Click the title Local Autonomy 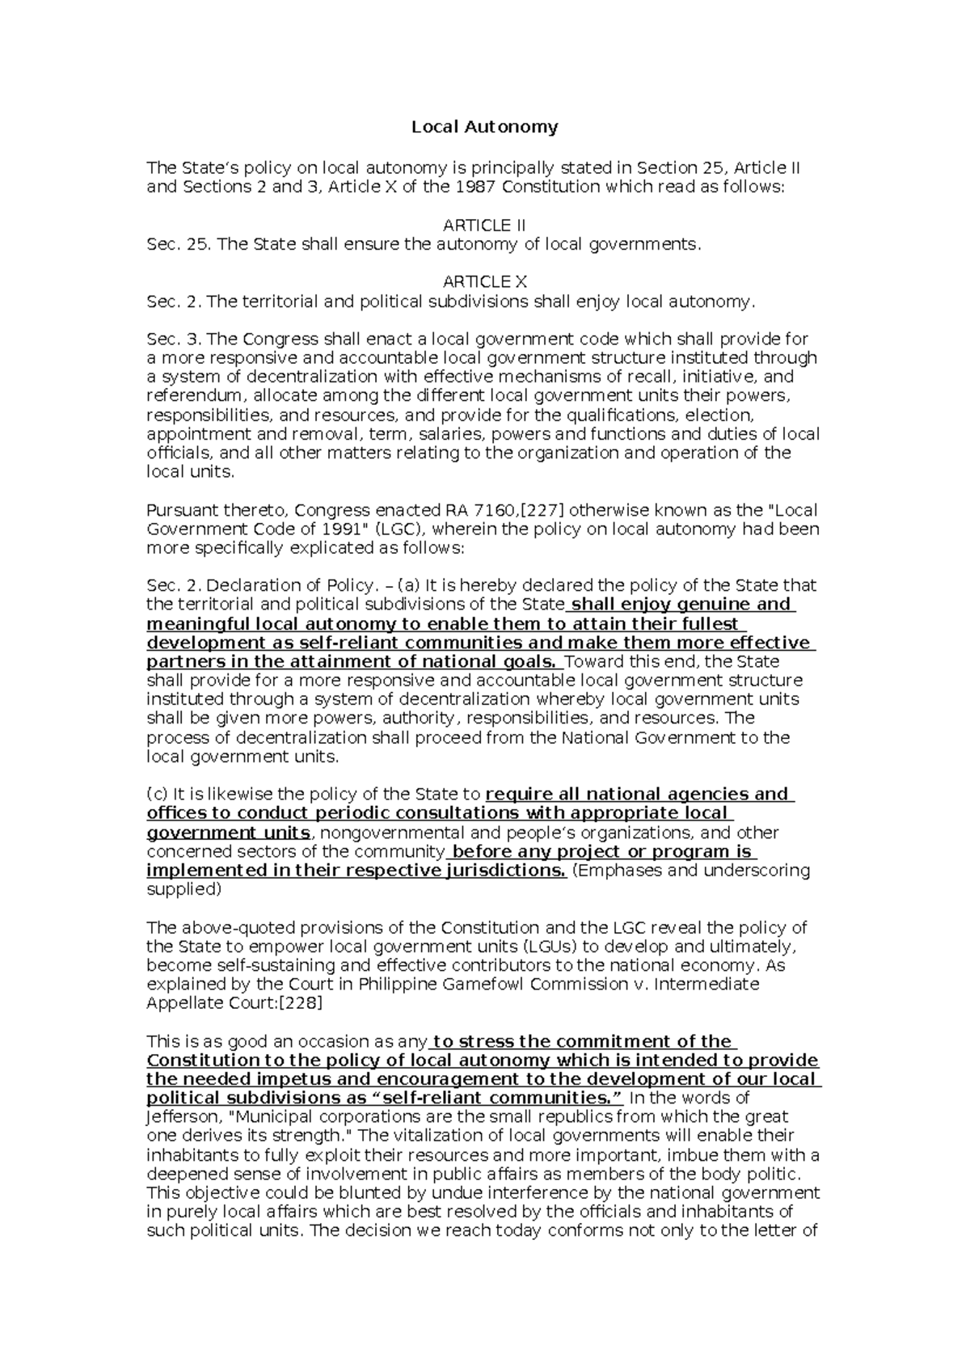485,127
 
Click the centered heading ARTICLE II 485,225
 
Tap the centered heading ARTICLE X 485,282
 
